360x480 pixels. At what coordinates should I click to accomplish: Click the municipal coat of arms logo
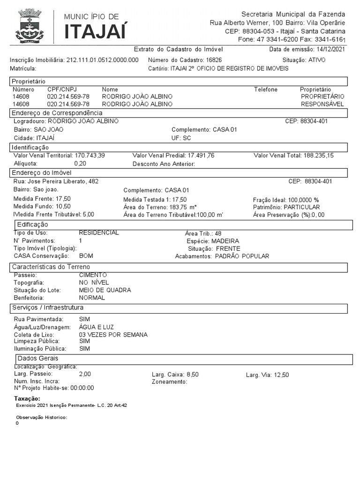point(30,26)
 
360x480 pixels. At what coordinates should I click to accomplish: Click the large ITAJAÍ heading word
point(95,31)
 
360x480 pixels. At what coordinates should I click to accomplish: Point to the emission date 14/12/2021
point(331,49)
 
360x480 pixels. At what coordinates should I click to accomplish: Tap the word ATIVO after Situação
point(317,60)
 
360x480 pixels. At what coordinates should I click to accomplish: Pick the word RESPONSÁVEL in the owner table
point(322,104)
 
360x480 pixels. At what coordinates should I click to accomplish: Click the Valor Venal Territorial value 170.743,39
point(90,155)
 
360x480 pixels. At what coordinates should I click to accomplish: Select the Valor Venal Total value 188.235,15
point(318,155)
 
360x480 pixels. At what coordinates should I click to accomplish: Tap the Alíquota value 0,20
point(80,164)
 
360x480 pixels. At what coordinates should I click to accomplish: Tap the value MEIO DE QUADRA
point(105,290)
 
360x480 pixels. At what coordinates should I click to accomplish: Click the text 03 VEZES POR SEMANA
point(113,335)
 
